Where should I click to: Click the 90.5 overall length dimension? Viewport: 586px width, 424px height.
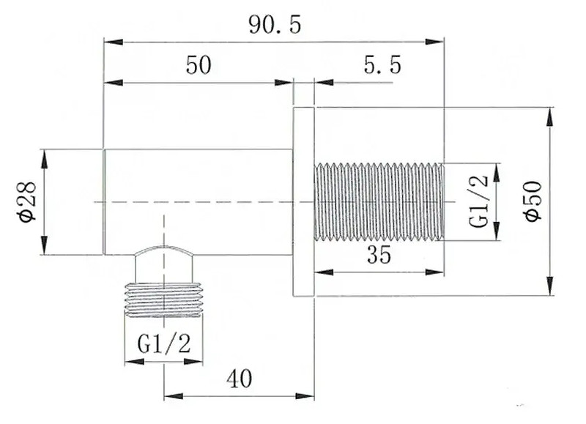[275, 26]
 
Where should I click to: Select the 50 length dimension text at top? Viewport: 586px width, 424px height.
[199, 64]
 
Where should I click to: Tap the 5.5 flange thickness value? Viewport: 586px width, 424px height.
[382, 64]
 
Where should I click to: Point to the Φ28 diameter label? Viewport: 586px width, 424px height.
[28, 201]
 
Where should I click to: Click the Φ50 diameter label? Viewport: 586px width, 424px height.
[533, 201]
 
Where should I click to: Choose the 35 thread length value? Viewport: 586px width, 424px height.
[379, 255]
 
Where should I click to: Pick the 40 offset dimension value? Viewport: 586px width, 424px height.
[240, 379]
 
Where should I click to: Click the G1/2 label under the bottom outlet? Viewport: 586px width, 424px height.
[164, 344]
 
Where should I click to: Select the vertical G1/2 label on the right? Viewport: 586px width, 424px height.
[479, 201]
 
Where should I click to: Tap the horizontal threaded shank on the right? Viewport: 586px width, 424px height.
[379, 201]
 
